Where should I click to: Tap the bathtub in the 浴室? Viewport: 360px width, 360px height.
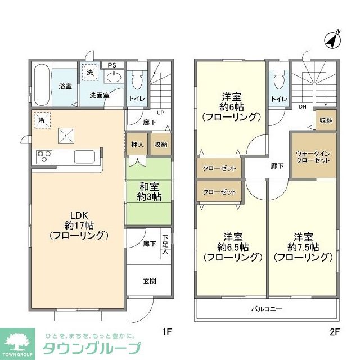tap(41, 84)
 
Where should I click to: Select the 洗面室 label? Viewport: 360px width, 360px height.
tap(99, 96)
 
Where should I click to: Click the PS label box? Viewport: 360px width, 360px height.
tap(112, 65)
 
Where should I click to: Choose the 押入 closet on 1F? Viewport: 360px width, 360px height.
tap(137, 145)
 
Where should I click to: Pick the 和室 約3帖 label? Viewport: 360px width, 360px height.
tap(147, 191)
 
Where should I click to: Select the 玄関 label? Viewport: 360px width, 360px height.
tap(149, 281)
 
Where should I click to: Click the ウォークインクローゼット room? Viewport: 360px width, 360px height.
tap(313, 155)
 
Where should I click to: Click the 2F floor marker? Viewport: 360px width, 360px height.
tap(335, 332)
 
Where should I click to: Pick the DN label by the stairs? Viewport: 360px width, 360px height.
tap(302, 107)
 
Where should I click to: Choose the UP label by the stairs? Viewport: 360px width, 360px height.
tap(160, 112)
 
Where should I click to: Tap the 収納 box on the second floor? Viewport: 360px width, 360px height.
tap(326, 120)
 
